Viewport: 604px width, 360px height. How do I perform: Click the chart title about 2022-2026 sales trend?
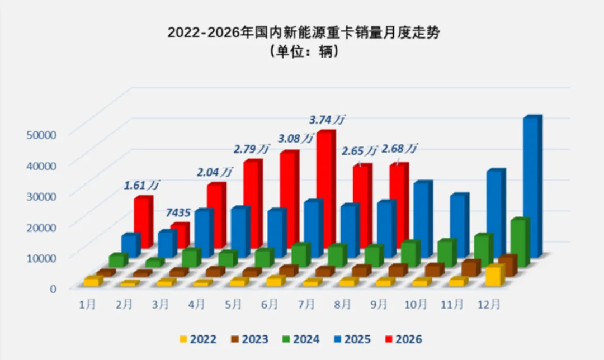click(x=304, y=32)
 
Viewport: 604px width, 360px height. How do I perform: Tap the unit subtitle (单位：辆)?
click(x=304, y=51)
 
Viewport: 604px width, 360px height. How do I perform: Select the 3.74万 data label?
click(x=327, y=120)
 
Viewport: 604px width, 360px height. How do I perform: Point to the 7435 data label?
click(x=178, y=212)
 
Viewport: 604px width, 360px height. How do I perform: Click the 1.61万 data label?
click(x=141, y=185)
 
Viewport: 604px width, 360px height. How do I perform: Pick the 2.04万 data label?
click(x=215, y=172)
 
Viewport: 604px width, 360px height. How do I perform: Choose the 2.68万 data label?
click(x=399, y=148)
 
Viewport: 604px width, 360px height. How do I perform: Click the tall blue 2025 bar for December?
click(x=532, y=186)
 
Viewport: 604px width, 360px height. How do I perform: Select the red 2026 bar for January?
click(x=143, y=222)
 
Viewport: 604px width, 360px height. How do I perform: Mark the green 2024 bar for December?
click(x=520, y=242)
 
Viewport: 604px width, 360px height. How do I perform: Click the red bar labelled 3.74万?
click(x=326, y=189)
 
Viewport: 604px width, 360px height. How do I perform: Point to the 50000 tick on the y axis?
click(x=41, y=135)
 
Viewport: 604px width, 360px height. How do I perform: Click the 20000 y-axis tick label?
click(x=41, y=227)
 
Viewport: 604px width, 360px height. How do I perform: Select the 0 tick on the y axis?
click(x=53, y=288)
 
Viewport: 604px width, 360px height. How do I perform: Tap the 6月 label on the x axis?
click(x=270, y=305)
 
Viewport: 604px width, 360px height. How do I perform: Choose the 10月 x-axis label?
click(x=416, y=305)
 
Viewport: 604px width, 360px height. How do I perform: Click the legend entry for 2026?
click(x=404, y=339)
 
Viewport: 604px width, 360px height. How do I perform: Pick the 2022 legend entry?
click(x=198, y=339)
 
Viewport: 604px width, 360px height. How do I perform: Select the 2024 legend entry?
click(x=301, y=339)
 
